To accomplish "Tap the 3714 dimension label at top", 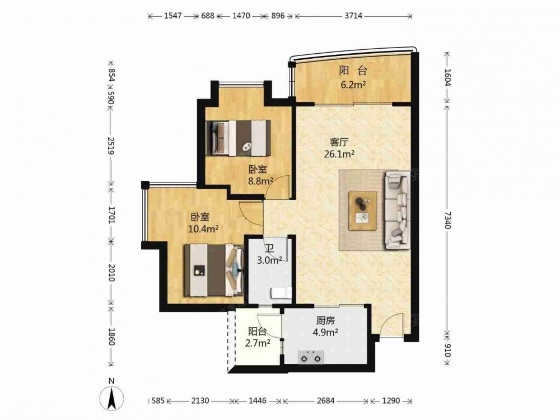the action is tap(353, 16).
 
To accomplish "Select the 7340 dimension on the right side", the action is tap(448, 220).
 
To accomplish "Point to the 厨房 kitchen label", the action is tap(325, 321).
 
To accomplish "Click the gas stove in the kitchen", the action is tap(311, 356).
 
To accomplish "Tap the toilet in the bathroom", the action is tap(282, 293).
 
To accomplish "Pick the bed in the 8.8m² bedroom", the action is tap(238, 138).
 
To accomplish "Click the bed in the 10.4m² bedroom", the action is tap(214, 270).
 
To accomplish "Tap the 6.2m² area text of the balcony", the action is tap(353, 85).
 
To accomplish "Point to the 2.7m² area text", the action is tap(258, 344).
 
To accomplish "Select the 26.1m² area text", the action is tap(339, 154).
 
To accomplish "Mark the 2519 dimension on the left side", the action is tap(111, 146).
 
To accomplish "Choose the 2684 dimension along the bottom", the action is tap(326, 401).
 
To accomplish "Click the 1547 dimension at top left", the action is tap(173, 16).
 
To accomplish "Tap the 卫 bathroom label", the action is tap(270, 249).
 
